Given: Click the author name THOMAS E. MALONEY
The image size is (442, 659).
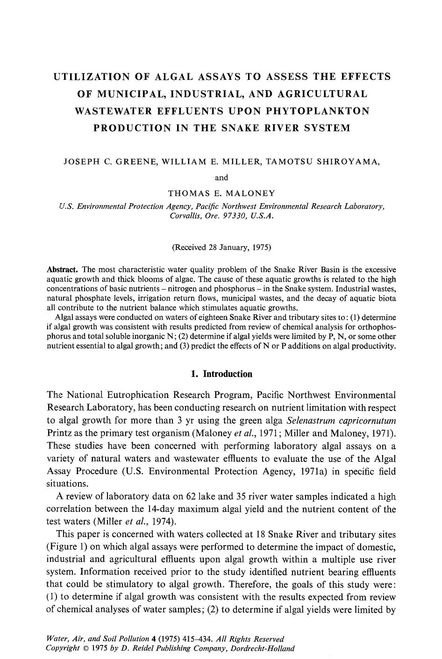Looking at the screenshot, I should coord(221,193).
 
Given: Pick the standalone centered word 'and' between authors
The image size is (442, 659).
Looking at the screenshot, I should coord(221,177).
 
